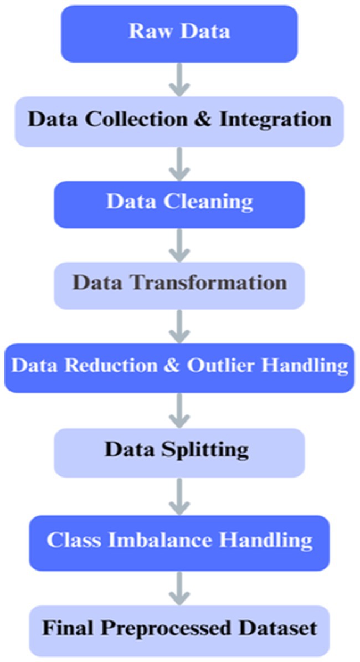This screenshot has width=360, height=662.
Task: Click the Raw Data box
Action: pyautogui.click(x=179, y=32)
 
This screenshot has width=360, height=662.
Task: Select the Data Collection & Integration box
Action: pyautogui.click(x=179, y=120)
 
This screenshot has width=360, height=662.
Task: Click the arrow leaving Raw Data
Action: pyautogui.click(x=179, y=79)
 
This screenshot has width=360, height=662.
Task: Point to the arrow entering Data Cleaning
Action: pyautogui.click(x=179, y=163)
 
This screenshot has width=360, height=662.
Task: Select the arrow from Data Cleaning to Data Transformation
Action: pyautogui.click(x=179, y=244)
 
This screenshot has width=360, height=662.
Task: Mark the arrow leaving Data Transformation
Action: pyautogui.click(x=179, y=326)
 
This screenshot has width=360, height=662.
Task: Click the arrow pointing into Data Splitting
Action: pyautogui.click(x=179, y=409)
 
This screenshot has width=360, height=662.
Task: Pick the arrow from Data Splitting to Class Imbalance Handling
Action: pyautogui.click(x=179, y=496)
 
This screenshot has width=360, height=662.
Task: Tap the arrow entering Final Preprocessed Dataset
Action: pyautogui.click(x=179, y=588)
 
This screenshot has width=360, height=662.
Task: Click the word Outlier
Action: pyautogui.click(x=218, y=367)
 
